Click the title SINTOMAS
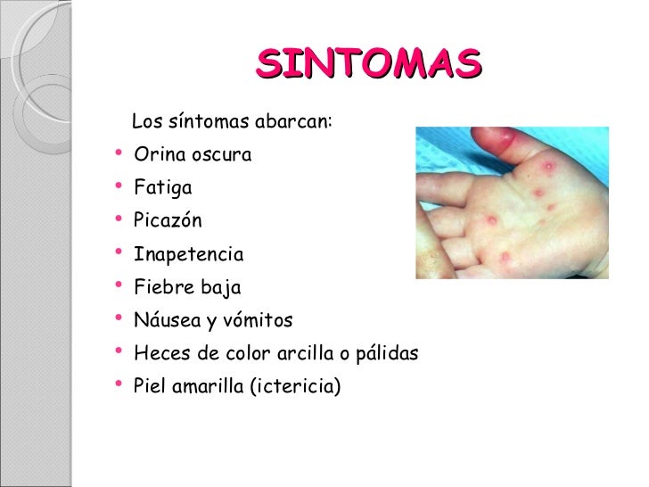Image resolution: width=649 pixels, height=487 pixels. click(368, 64)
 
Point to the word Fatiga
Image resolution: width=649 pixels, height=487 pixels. click(162, 188)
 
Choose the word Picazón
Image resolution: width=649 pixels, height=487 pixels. click(168, 221)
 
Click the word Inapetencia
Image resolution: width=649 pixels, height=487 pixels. click(188, 255)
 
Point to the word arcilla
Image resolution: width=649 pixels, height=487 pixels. click(300, 354)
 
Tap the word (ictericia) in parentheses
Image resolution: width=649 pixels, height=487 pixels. click(296, 388)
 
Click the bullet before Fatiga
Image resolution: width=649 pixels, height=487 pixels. click(119, 187)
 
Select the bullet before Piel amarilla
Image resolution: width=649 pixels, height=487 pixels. click(119, 387)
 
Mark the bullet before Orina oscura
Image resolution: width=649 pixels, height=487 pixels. click(119, 154)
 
